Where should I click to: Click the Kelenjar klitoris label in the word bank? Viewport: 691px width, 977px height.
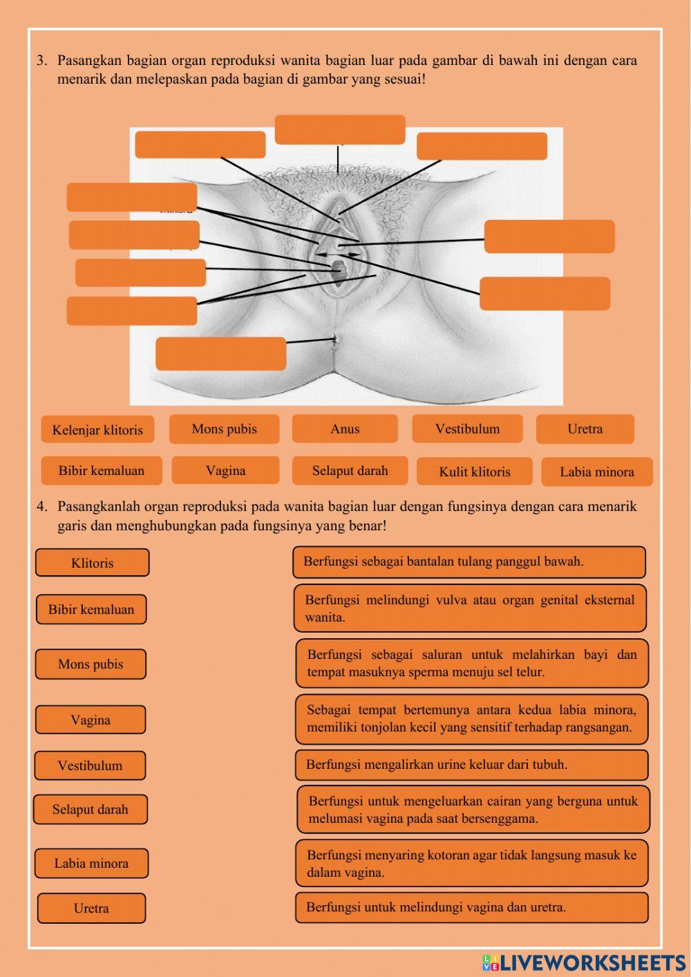coord(97,429)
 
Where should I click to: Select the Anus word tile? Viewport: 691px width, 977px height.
coord(345,429)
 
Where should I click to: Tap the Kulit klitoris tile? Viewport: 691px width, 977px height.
coord(475,472)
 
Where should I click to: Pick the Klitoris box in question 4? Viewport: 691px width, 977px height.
coord(92,563)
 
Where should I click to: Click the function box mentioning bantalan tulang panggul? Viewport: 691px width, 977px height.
coord(469,561)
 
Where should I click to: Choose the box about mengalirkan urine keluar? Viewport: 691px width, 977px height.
coord(471,765)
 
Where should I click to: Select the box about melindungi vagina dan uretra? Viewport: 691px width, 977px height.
coord(472,907)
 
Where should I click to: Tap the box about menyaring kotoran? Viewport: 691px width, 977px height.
coord(472,863)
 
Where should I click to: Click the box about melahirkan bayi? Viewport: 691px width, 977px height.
coord(472,663)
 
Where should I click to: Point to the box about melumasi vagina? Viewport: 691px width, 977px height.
coord(473,810)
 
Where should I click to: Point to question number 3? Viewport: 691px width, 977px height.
coord(42,61)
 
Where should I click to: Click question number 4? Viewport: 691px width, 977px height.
coord(42,506)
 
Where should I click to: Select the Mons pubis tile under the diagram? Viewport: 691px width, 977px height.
coord(224,429)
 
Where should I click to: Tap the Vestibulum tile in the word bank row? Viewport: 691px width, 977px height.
coord(467,429)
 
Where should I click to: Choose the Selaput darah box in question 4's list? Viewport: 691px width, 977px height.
coord(91,809)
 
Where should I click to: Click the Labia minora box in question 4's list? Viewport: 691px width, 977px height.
coord(91,863)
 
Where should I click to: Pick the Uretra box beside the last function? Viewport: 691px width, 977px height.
coord(91,909)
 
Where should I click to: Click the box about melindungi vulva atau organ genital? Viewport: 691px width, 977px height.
coord(470,608)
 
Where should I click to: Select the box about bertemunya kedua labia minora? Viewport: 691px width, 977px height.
coord(472,718)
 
